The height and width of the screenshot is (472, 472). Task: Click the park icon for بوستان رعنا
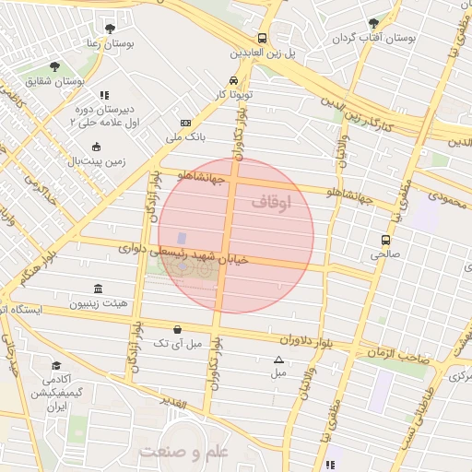(111, 29)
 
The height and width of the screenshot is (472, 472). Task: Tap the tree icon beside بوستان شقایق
(54, 67)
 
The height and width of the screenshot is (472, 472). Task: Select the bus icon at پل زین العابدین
(263, 39)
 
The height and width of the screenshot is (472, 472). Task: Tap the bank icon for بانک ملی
(186, 123)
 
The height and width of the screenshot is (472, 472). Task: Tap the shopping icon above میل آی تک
(177, 328)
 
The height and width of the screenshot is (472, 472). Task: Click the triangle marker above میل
(278, 360)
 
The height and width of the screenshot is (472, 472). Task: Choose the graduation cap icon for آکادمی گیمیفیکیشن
(56, 365)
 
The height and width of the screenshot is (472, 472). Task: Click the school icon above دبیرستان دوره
(103, 95)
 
